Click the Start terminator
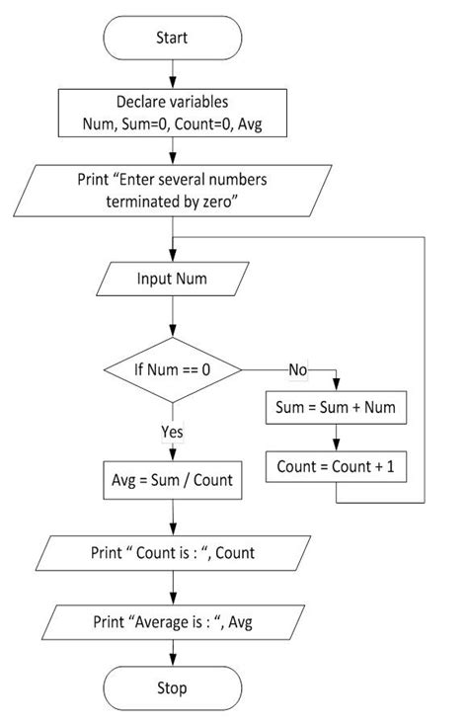pos(173,39)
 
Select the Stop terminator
pos(173,687)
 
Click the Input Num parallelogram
pos(173,279)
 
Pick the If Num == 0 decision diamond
pos(173,369)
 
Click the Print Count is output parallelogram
pos(173,553)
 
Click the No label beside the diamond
pos(296,369)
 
